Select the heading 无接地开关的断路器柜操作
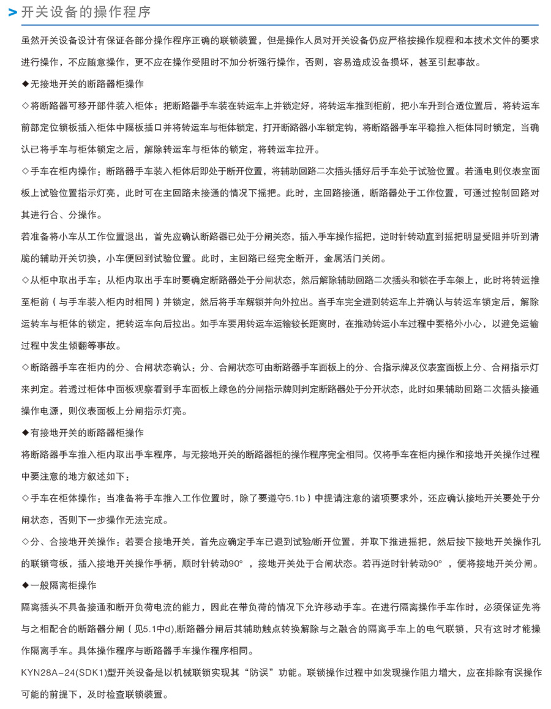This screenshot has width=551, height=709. coord(87,83)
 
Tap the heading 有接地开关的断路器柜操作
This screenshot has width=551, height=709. coord(87,432)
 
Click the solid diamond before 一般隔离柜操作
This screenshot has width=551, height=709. coord(25,586)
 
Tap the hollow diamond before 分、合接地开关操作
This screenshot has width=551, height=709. coord(25,542)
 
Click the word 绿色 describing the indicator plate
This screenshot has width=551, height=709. coord(245,389)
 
